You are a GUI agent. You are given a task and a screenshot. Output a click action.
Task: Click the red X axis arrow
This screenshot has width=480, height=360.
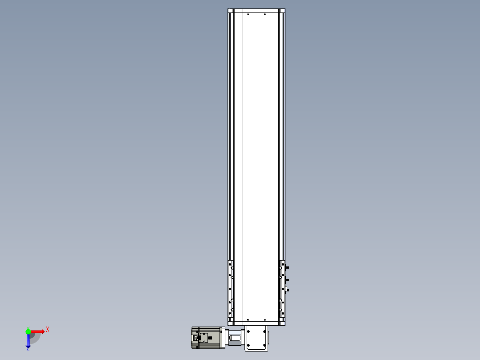38,331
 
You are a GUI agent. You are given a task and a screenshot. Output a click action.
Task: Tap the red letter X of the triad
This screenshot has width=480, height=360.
48,329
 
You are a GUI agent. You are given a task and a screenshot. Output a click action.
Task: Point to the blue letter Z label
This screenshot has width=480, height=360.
28,350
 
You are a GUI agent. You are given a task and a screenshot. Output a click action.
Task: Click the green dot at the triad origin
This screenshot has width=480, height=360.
28,331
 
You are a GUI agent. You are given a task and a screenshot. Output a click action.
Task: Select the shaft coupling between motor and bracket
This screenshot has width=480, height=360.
235,338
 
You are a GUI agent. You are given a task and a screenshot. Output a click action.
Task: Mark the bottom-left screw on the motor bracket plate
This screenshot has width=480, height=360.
248,345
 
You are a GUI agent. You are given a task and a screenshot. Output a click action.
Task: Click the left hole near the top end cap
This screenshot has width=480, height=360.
248,14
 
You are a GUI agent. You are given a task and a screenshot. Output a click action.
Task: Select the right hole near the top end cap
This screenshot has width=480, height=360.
265,14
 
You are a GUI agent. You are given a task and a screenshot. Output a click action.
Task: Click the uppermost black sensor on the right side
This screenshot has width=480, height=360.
287,267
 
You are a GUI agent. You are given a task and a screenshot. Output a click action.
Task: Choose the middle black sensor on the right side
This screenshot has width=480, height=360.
287,280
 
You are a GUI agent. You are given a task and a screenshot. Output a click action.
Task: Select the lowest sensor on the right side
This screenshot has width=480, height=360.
287,290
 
